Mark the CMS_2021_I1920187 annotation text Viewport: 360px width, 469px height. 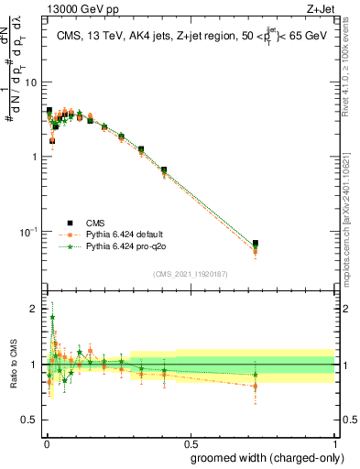tap(189, 273)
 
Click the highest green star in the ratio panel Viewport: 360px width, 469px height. tap(52, 318)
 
